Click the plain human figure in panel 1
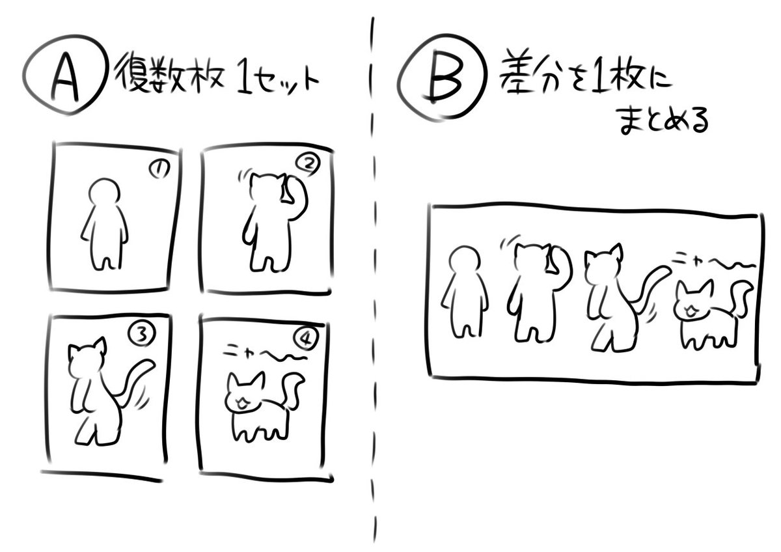105,224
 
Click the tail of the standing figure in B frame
648,286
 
